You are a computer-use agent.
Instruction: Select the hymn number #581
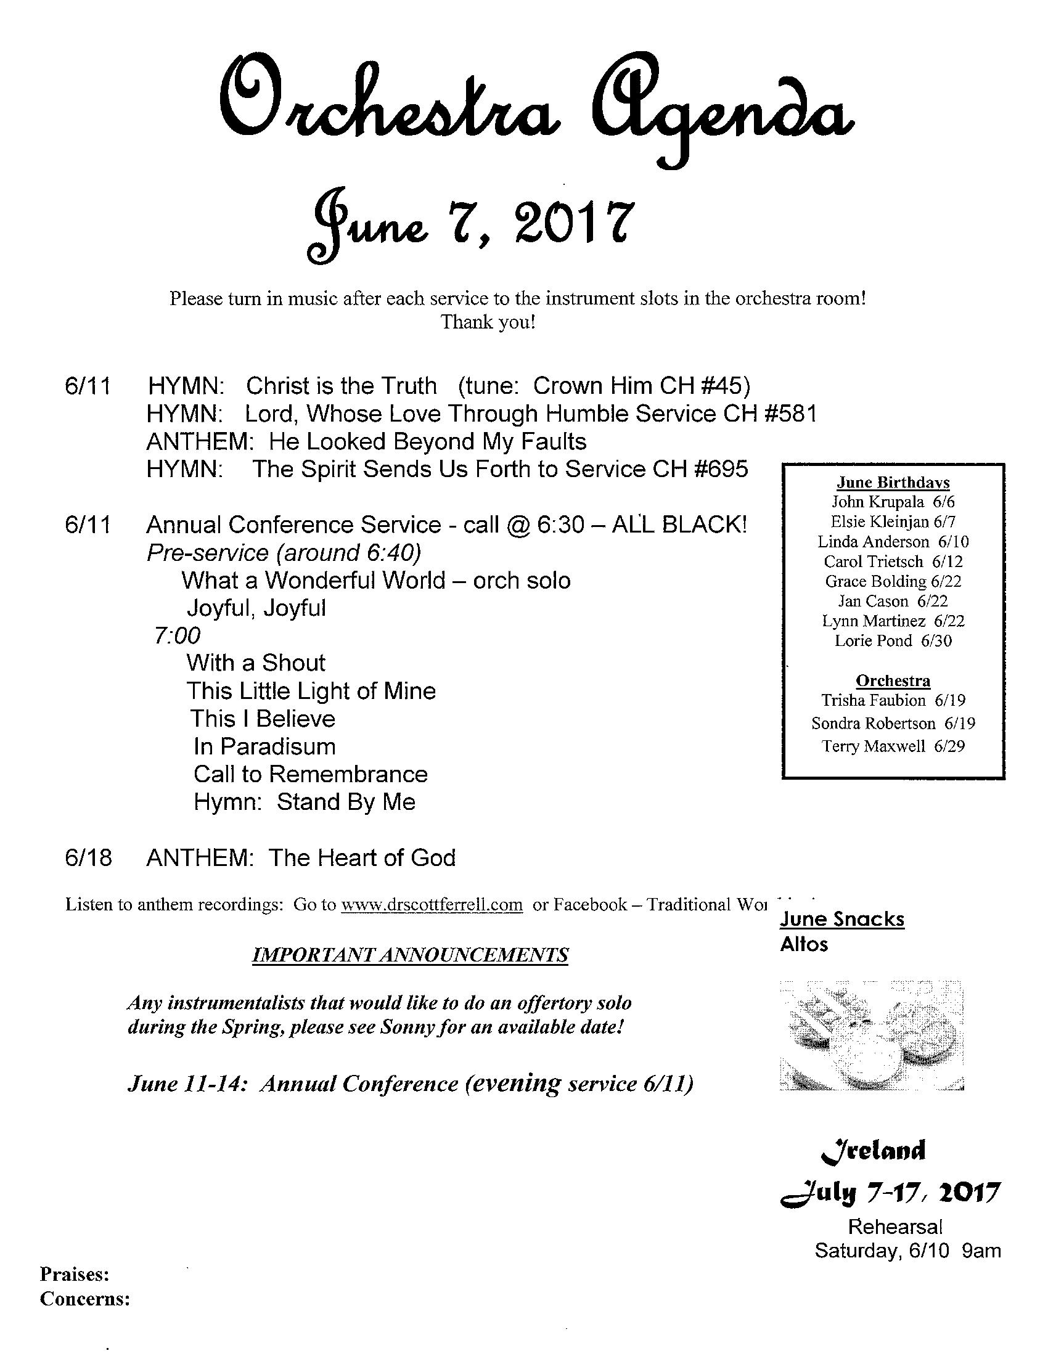pos(790,414)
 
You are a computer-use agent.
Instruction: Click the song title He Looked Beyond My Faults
pos(428,441)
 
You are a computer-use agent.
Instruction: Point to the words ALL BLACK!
pos(679,525)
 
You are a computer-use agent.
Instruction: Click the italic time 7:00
pos(178,635)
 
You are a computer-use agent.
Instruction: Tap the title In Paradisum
pos(264,746)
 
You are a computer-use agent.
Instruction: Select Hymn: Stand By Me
pos(304,802)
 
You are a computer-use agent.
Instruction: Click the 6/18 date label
pos(88,858)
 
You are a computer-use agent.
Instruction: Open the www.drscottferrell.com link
pos(432,905)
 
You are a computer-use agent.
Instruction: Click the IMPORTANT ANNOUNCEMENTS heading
pos(410,955)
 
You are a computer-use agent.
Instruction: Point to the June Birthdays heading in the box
pos(893,483)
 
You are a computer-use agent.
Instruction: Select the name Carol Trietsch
pos(873,562)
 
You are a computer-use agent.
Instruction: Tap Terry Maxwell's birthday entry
pos(893,746)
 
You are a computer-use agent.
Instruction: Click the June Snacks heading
pos(842,919)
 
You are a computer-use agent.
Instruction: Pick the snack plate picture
pos(872,1035)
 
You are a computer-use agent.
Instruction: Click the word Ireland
pos(874,1151)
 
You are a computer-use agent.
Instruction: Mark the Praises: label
pos(75,1275)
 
